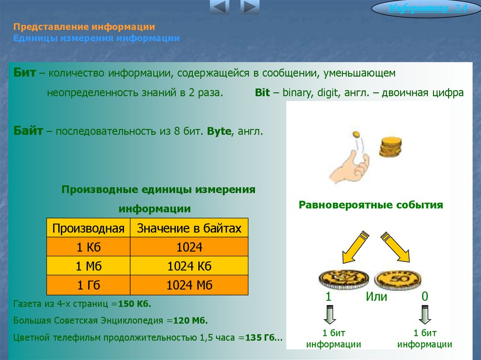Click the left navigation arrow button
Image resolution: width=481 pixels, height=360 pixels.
tap(219, 8)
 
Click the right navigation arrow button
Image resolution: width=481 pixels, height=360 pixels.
tap(250, 8)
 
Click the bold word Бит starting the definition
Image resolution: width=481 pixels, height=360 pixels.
tap(25, 74)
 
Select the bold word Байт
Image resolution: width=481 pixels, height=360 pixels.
tap(29, 131)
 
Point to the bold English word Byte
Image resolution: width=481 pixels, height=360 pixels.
tap(219, 131)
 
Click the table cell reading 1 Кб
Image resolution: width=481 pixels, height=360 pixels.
tap(88, 247)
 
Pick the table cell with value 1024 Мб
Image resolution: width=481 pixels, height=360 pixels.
tap(189, 285)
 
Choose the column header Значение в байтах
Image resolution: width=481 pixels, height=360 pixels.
tap(189, 228)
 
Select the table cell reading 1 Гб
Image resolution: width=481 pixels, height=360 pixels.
tap(88, 285)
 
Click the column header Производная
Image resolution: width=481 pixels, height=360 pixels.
tap(88, 228)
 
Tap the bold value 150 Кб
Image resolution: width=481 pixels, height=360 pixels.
tap(135, 304)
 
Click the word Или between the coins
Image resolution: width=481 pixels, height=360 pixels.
tap(377, 297)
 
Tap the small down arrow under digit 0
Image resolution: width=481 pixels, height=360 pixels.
tap(425, 314)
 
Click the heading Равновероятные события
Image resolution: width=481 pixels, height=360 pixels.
tap(371, 205)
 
